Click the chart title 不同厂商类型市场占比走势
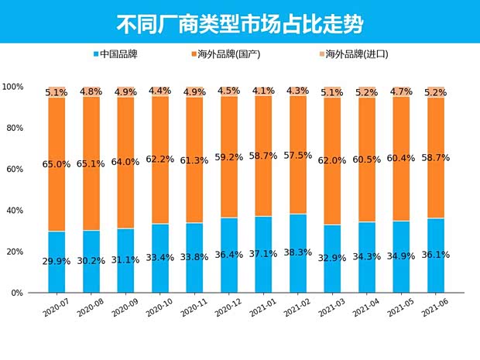(239, 22)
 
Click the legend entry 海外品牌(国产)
(230, 55)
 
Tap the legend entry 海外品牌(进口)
(356, 55)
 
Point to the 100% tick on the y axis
(12, 87)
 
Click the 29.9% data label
(57, 261)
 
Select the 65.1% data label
(91, 164)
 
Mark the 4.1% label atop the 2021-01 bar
(264, 91)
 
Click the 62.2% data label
(161, 159)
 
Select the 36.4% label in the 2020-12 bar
(230, 254)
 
